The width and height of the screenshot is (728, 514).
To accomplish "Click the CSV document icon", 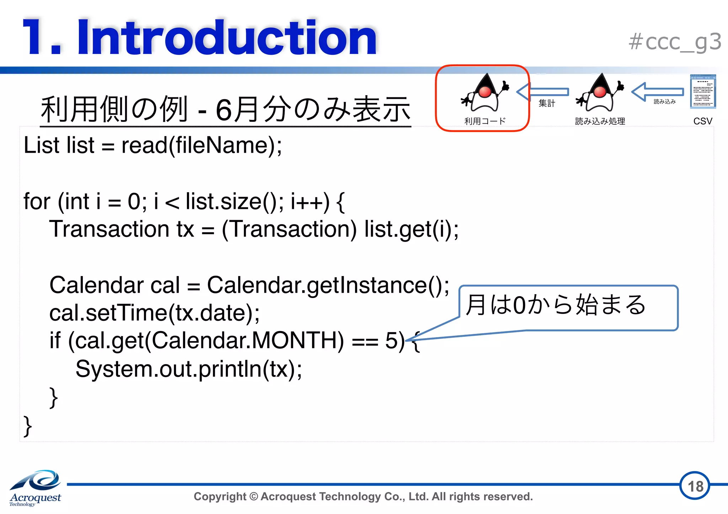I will (702, 92).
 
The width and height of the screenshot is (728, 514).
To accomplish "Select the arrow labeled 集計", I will (543, 92).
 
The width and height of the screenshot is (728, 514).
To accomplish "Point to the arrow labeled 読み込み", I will (658, 92).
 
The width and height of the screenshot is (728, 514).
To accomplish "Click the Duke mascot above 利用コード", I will (485, 93).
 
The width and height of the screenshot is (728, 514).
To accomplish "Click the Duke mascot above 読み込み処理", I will (600, 93).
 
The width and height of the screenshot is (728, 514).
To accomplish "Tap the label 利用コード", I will (485, 121).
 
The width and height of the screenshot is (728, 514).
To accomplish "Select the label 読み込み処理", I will (600, 121).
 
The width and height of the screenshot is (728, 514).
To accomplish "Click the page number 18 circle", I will (695, 486).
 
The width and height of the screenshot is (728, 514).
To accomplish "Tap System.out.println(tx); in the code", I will (188, 369).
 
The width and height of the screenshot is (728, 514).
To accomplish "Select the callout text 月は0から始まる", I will (555, 305).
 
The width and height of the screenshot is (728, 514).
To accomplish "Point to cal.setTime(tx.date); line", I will (154, 313).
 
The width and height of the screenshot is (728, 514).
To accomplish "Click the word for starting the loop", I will (37, 201).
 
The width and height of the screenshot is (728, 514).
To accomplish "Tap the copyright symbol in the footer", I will (253, 497).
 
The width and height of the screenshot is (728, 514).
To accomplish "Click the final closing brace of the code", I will (28, 426).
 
